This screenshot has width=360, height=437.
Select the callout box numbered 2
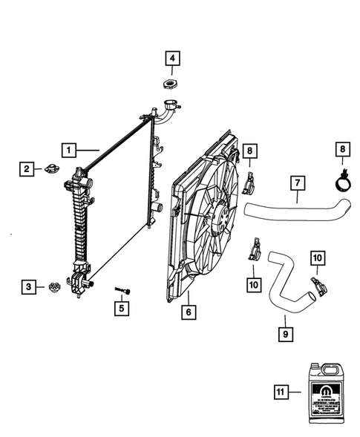coord(25,170)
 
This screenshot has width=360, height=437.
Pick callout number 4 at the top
coord(171,58)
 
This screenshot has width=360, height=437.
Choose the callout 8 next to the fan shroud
coord(250,152)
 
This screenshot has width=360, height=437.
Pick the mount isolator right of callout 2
coord(54,168)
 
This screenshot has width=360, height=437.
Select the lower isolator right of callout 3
coord(55,286)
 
